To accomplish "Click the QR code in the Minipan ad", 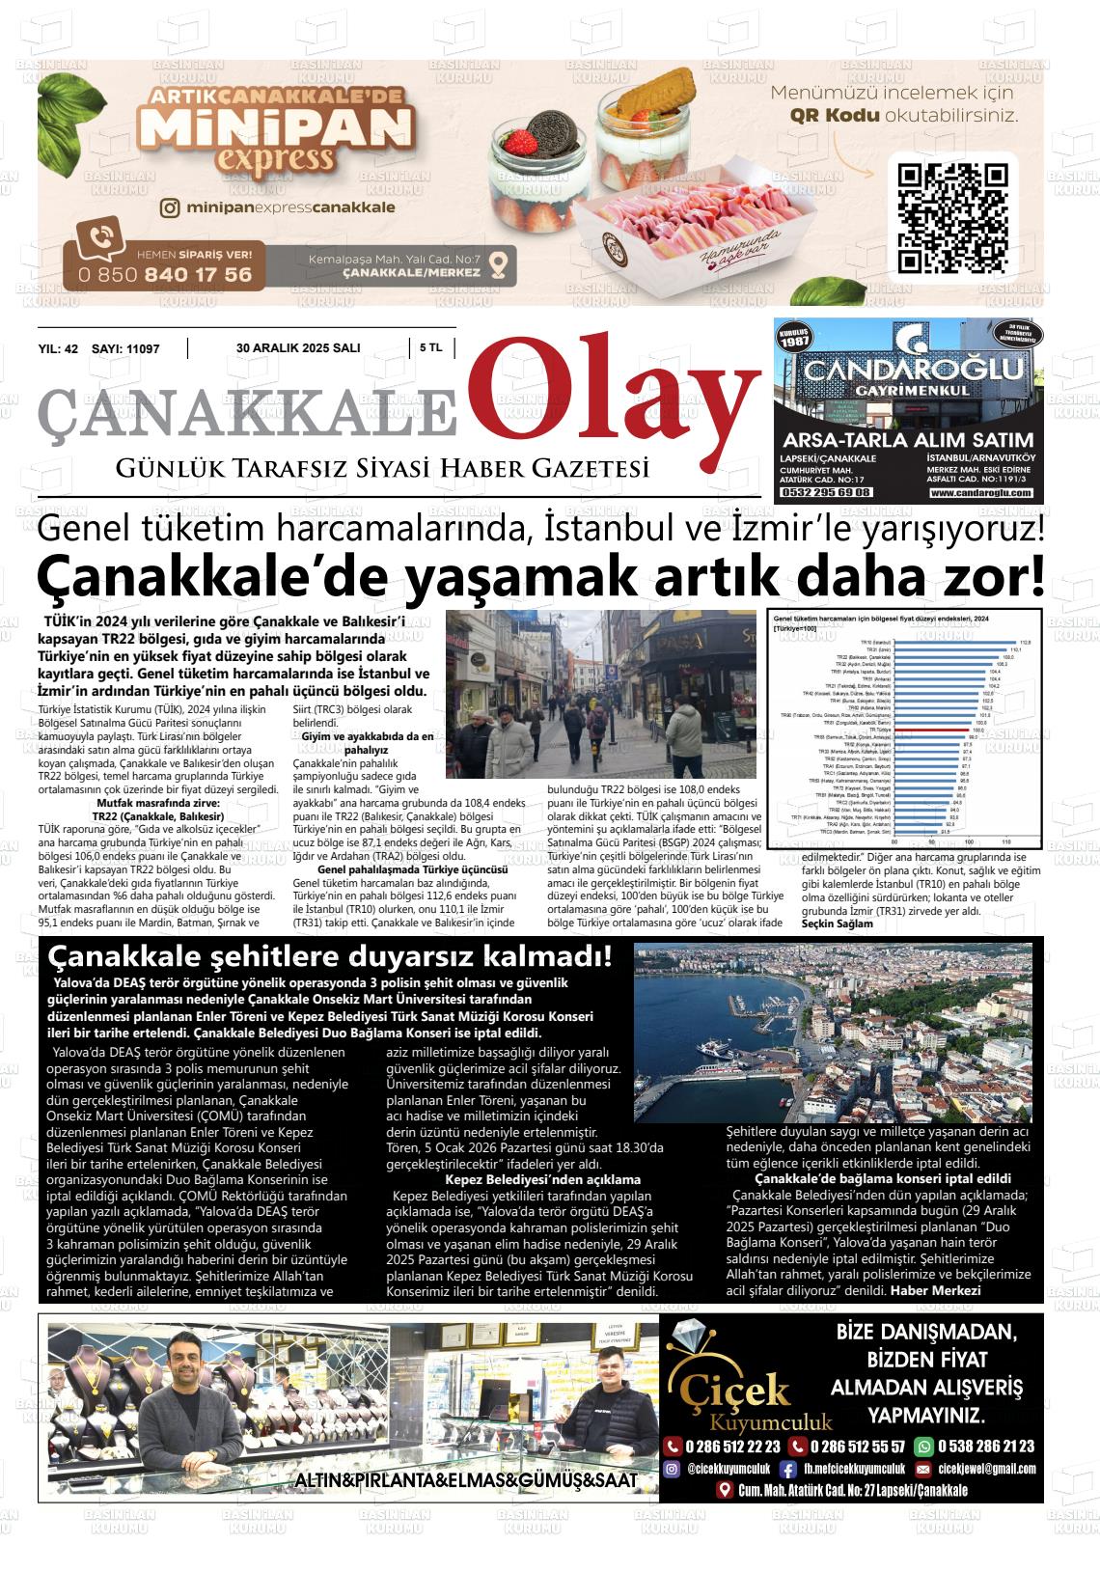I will [x=952, y=217].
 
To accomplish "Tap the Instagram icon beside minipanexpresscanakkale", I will [x=170, y=207].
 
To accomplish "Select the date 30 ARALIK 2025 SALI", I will [x=298, y=347].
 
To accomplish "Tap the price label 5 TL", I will [x=431, y=347].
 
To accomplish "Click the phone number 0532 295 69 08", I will [x=826, y=492].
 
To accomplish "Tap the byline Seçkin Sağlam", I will [x=837, y=923].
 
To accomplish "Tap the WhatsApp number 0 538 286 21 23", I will [x=984, y=1446].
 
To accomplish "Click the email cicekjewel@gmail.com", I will [x=986, y=1469].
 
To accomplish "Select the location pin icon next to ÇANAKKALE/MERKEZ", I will [x=498, y=263].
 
